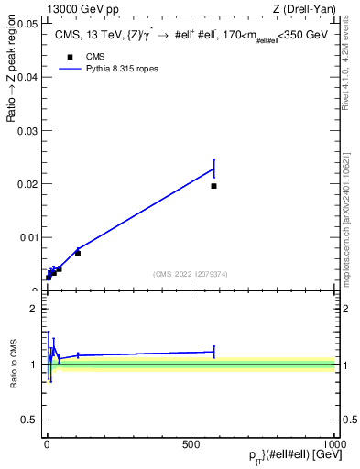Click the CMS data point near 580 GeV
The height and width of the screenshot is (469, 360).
point(213,186)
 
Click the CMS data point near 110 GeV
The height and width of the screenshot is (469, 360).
point(78,253)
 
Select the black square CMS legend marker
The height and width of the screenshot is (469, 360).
point(70,57)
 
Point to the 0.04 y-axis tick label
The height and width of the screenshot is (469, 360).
point(27,77)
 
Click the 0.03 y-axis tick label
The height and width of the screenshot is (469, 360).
point(27,130)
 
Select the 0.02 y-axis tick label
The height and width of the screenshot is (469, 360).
point(27,184)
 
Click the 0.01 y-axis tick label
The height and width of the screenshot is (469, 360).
point(27,237)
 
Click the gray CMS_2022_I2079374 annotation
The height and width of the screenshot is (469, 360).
point(190,273)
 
